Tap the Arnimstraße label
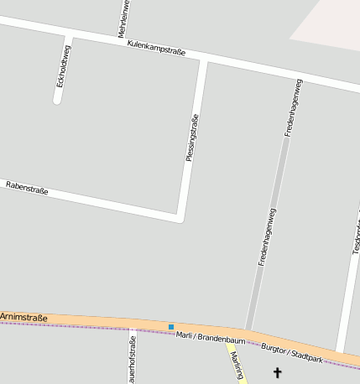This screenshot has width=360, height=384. tap(23, 316)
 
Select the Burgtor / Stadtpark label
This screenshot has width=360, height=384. tap(292, 352)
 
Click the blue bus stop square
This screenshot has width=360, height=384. tap(171, 327)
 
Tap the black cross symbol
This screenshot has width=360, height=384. tap(278, 371)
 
